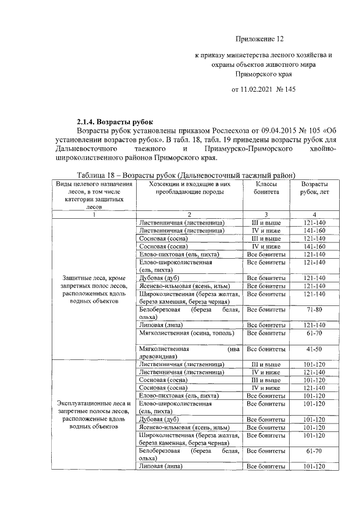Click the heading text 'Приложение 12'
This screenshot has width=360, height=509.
pyautogui.click(x=260, y=39)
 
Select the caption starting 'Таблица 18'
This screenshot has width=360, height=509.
pyautogui.click(x=187, y=175)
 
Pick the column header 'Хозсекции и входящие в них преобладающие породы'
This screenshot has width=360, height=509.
pyautogui.click(x=190, y=188)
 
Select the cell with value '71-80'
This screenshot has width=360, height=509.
pyautogui.click(x=314, y=310)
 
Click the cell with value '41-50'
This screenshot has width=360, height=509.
pyautogui.click(x=314, y=349)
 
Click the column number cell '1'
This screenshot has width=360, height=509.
pyautogui.click(x=94, y=214)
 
